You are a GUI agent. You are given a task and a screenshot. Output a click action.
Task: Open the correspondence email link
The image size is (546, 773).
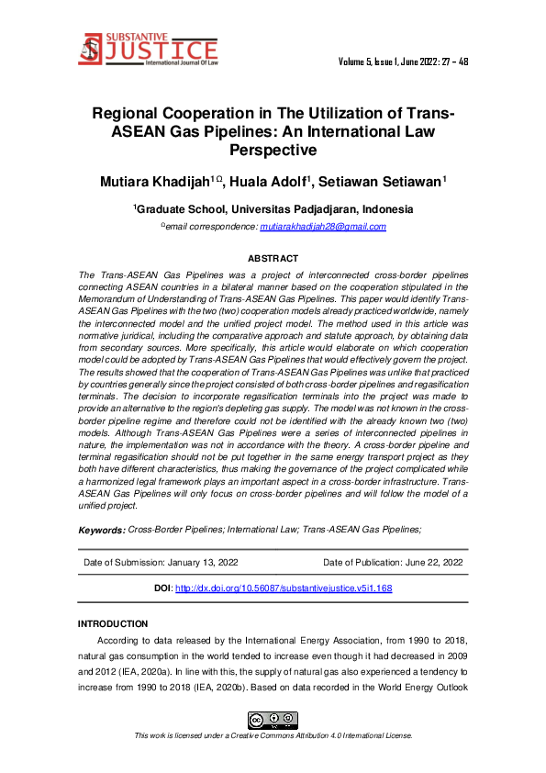[322, 227]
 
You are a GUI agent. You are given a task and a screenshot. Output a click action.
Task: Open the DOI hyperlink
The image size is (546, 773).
[283, 588]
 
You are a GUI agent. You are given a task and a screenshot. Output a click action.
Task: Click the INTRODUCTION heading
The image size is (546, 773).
[113, 624]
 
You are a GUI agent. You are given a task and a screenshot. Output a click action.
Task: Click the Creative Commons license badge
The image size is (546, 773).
[273, 719]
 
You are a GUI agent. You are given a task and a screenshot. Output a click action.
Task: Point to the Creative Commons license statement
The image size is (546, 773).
[273, 735]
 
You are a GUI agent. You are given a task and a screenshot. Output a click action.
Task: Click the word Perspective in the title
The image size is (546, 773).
[273, 150]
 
